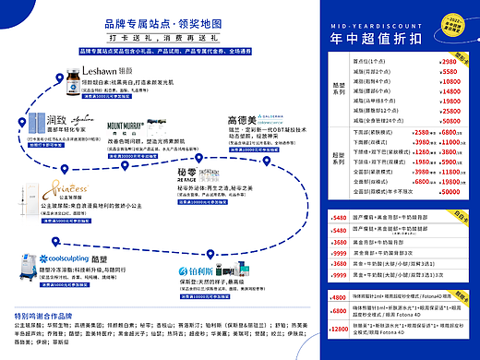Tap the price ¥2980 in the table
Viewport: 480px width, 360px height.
pos(448,59)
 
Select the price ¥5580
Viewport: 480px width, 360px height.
pos(448,70)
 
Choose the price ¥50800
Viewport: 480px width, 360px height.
pos(448,121)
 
